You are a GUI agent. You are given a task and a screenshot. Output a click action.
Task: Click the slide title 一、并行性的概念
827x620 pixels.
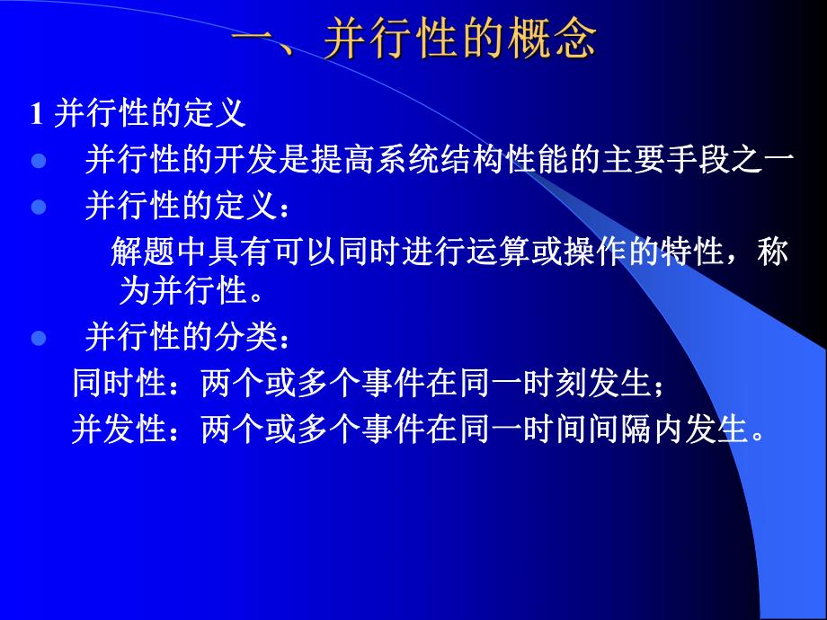click(413, 40)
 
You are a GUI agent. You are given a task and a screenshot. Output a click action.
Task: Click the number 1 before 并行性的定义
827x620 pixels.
click(37, 115)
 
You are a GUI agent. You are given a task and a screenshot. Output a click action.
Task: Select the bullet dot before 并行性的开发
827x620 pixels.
click(38, 162)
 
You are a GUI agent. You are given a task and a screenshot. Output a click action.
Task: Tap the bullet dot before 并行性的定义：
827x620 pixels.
click(38, 207)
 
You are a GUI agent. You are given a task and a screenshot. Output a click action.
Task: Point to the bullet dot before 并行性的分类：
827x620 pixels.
click(38, 340)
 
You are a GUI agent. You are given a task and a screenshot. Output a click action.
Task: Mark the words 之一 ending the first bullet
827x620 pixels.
click(763, 162)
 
